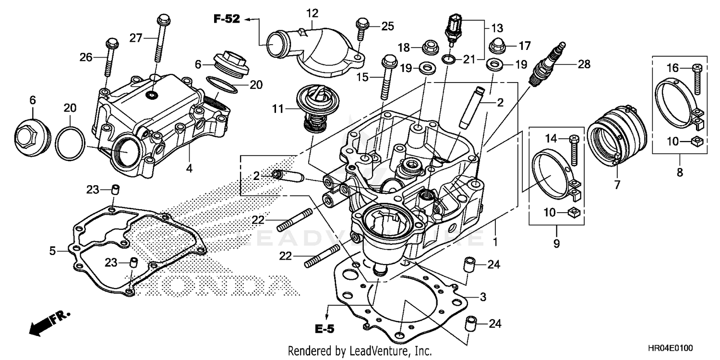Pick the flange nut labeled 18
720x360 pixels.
pyautogui.click(x=429, y=48)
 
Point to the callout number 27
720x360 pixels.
pyautogui.click(x=136, y=37)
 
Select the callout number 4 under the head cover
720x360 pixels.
pyautogui.click(x=189, y=168)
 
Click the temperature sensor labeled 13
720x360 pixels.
pyautogui.click(x=454, y=26)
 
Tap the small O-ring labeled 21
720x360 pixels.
pyautogui.click(x=448, y=59)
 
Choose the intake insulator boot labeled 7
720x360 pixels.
pyautogui.click(x=615, y=137)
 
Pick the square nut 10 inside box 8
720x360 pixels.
pyautogui.click(x=696, y=140)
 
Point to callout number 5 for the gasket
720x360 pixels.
pyautogui.click(x=53, y=250)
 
